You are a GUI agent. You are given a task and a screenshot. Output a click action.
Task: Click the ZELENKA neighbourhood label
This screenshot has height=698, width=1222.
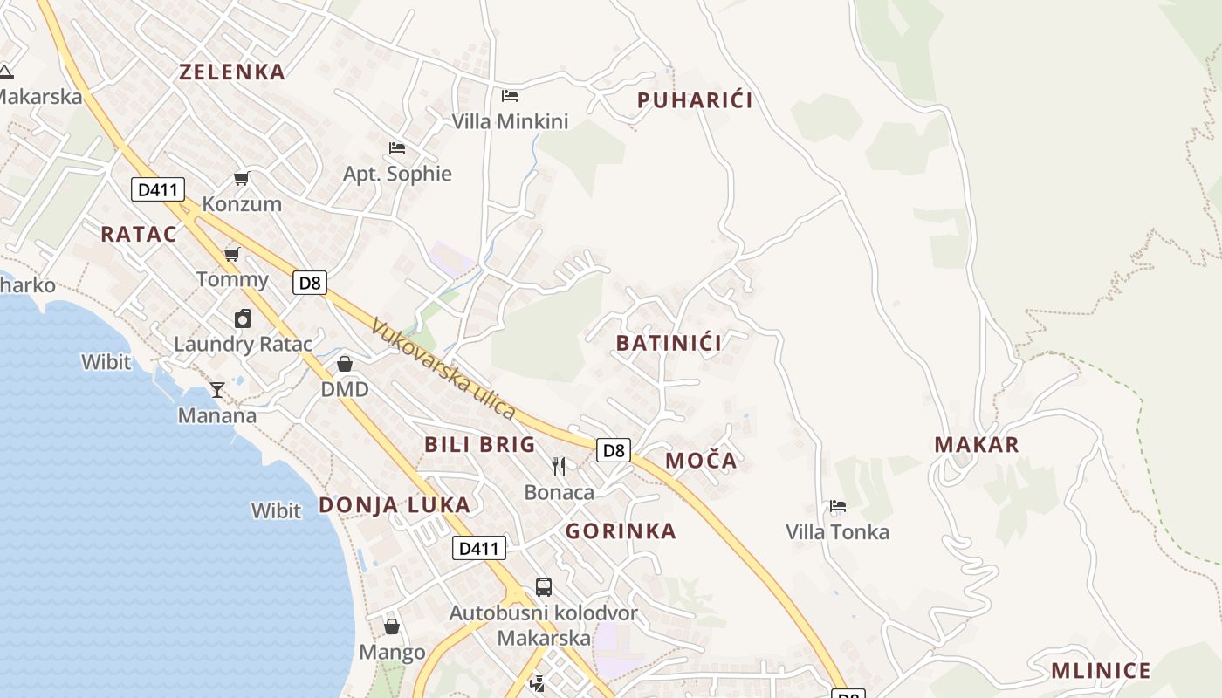[x=232, y=72]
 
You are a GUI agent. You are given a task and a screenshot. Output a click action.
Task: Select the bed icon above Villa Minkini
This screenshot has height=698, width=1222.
[x=510, y=96]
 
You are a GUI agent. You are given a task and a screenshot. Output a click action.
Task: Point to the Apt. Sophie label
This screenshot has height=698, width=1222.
[x=397, y=174]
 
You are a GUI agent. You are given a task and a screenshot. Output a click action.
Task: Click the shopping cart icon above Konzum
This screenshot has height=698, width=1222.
[x=241, y=179]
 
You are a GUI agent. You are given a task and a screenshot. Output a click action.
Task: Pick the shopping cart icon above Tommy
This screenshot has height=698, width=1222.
[x=231, y=255]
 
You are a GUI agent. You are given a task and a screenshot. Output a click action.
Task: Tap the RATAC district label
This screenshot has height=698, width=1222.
[x=139, y=234]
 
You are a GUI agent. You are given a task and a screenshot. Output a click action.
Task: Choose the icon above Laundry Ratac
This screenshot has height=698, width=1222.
[x=243, y=318]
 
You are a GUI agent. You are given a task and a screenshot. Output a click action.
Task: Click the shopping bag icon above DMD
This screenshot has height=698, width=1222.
[x=345, y=364]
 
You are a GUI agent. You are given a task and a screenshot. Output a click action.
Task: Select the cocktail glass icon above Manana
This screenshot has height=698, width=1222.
[x=217, y=389]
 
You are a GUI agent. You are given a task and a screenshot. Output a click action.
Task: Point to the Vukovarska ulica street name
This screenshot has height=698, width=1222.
[x=443, y=368]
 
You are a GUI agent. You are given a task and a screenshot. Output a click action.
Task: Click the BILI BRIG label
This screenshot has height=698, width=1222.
[x=480, y=444]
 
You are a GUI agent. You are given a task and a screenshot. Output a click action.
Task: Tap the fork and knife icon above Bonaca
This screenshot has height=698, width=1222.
[x=559, y=467]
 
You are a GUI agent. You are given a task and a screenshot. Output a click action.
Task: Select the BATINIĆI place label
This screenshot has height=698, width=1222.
[x=669, y=343]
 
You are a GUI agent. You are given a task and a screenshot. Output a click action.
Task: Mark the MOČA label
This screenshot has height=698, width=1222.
[x=701, y=461]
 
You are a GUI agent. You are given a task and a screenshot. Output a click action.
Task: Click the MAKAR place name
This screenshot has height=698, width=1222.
[x=977, y=445]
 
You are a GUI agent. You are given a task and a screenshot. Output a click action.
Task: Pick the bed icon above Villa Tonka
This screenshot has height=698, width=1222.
[x=837, y=506]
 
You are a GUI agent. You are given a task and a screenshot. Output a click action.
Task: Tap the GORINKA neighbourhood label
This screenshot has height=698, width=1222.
[x=621, y=531]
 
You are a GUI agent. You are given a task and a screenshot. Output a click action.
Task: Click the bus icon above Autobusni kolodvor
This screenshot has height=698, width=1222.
[x=543, y=587]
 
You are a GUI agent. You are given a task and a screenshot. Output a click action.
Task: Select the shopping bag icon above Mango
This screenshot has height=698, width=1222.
[x=392, y=626]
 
